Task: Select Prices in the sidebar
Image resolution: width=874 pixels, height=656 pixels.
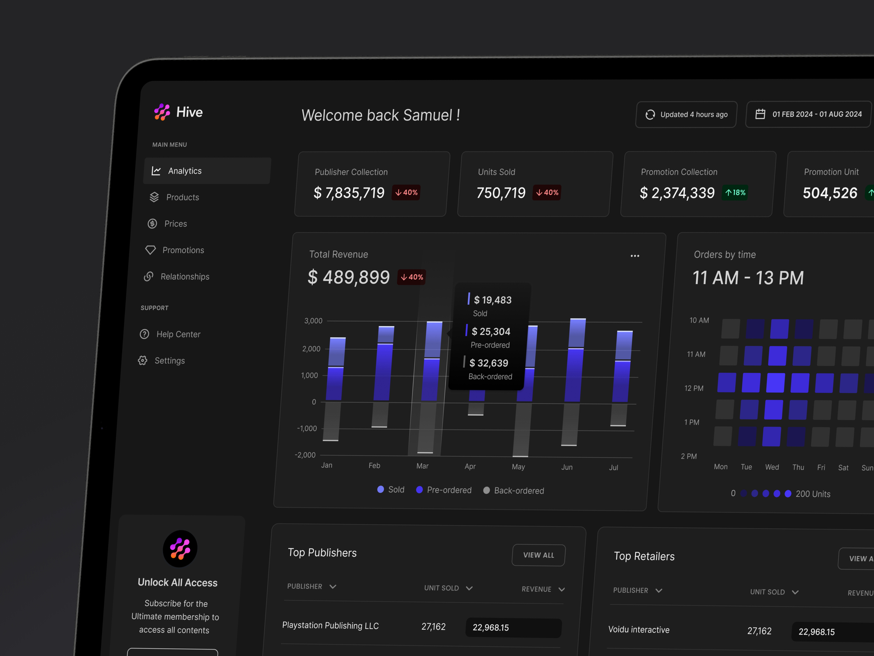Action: [175, 224]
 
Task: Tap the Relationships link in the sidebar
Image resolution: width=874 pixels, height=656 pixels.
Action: [185, 276]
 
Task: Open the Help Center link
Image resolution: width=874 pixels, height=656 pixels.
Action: [178, 334]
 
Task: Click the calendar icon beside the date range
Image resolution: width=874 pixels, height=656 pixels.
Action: [760, 114]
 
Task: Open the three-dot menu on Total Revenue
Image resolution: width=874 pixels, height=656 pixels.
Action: [635, 256]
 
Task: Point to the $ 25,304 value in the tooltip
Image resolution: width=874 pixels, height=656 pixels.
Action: [491, 331]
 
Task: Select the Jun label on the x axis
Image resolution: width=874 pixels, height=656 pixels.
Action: [567, 467]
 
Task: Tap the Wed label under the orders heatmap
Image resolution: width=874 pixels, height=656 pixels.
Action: [772, 467]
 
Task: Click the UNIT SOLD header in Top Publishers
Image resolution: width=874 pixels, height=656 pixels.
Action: [441, 588]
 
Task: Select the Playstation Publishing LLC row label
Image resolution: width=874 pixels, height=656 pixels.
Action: [330, 626]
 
